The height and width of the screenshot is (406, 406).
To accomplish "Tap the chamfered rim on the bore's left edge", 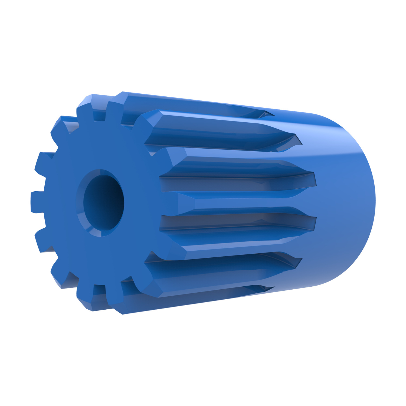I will coord(80,203).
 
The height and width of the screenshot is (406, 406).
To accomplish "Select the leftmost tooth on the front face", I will coord(37,202).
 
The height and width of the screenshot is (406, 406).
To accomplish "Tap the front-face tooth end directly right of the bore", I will coord(169,203).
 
